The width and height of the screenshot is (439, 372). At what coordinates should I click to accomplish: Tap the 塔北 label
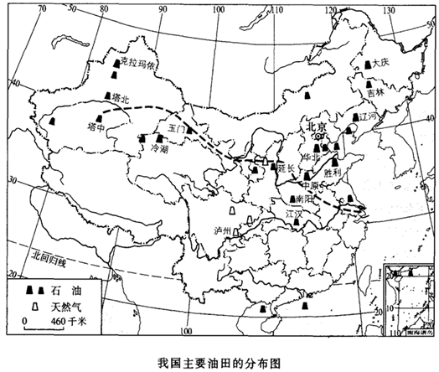(121, 99)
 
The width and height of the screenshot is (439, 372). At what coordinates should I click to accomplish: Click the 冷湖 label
(159, 147)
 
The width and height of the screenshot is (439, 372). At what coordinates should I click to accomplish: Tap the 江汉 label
(292, 214)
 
